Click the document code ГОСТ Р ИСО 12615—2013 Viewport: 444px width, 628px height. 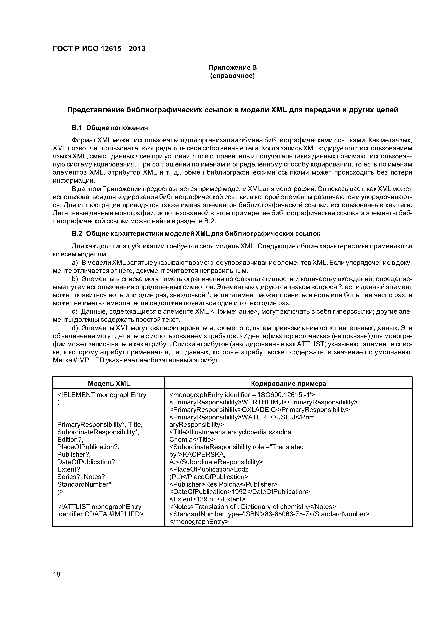click(99, 49)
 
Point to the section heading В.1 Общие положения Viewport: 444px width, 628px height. click(109, 128)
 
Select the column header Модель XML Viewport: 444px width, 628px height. click(109, 383)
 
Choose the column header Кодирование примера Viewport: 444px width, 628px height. click(288, 383)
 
